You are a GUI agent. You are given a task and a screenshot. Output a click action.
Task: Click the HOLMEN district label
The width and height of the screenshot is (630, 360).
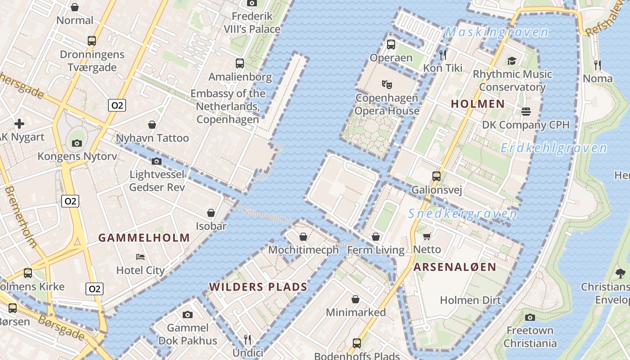tap(477, 104)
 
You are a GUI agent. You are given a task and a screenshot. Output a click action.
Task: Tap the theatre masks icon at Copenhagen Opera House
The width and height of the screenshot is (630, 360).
tap(387, 84)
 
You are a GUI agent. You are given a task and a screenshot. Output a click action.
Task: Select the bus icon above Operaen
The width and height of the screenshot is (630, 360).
tap(391, 45)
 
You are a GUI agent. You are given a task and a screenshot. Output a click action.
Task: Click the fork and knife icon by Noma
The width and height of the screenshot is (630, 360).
tap(597, 65)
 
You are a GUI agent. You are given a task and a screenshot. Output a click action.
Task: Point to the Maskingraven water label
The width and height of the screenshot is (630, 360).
tap(497, 32)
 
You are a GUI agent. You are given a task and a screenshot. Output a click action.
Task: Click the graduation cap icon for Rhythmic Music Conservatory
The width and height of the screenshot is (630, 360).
tap(512, 61)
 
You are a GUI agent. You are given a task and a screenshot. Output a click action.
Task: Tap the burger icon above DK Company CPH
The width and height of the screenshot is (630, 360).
tap(526, 112)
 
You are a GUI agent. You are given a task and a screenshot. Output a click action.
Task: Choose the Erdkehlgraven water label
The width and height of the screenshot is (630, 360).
tap(553, 148)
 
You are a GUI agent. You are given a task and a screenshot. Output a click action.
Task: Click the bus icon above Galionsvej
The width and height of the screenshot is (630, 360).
tap(436, 176)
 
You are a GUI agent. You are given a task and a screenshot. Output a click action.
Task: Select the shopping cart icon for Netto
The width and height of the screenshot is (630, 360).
tap(427, 236)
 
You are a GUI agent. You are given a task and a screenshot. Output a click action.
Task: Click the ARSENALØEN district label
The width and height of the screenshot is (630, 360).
tap(454, 267)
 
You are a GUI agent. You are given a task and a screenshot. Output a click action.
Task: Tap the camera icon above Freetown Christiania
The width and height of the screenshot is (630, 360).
tap(530, 318)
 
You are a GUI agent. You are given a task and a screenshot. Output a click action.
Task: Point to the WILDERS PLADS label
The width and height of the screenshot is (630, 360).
tap(258, 287)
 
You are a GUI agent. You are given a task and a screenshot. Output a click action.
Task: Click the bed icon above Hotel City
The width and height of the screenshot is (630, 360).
tap(140, 257)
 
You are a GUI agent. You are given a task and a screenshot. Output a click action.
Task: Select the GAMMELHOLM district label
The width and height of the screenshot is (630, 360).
tap(144, 238)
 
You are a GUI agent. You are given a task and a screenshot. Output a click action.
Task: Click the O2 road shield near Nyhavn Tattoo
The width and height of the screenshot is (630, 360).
tap(117, 105)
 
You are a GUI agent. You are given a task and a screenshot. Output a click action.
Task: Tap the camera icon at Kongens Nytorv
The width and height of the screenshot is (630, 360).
tap(77, 144)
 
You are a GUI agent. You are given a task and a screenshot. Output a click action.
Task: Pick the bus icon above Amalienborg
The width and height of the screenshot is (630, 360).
tap(240, 63)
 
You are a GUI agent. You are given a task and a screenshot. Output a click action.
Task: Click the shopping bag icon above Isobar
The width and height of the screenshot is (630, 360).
tap(211, 213)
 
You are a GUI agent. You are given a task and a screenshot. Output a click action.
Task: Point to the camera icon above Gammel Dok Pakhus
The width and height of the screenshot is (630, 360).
tap(188, 315)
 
